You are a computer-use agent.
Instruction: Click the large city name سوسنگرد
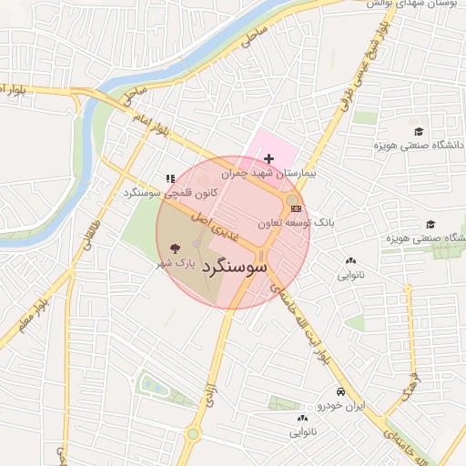[x=233, y=268]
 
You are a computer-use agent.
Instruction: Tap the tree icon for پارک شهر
[x=175, y=248]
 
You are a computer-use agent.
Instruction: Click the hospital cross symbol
[x=268, y=158]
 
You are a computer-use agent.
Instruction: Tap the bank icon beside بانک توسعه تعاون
[x=297, y=209]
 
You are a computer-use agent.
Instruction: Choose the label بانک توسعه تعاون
[x=296, y=222]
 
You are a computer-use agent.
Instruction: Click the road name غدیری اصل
[x=213, y=225]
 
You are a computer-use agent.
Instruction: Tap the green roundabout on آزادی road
[x=193, y=433]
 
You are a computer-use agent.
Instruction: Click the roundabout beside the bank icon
[x=292, y=199]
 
